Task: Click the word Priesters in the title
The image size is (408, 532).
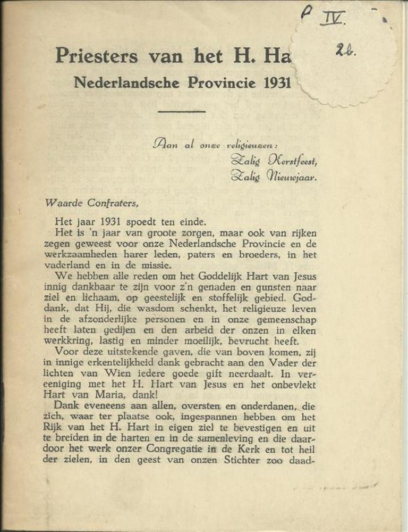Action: (x=97, y=55)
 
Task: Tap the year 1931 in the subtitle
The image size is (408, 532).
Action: (x=274, y=83)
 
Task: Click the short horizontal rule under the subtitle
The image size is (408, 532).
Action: (x=182, y=111)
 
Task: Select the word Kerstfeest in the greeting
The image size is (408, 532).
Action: (x=293, y=159)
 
